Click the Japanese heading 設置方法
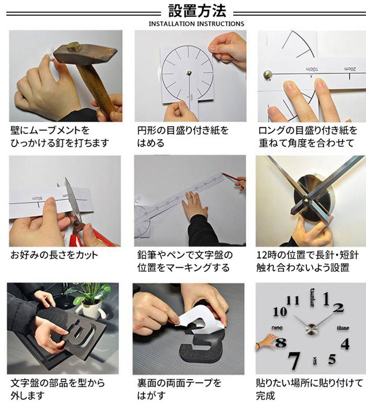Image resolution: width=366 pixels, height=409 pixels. point(197,10)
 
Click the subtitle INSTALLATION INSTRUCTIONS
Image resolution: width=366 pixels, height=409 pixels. point(197,24)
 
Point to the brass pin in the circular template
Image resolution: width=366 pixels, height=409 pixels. point(189,72)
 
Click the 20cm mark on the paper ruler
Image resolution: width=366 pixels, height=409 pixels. point(350,69)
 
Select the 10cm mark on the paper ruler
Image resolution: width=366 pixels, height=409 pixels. point(312,69)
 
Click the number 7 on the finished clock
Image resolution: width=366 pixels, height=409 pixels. point(294,361)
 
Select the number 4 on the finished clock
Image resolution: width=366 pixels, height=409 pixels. point(345,344)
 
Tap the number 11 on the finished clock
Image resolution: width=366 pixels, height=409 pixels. point(293,300)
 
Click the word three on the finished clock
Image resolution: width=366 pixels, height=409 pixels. point(343,328)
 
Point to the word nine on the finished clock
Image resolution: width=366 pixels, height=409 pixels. point(277,328)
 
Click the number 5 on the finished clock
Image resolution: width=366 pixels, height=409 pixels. point(332,359)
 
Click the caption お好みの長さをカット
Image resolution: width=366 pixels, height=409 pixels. point(54,255)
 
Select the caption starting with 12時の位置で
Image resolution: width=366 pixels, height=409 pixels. point(307,261)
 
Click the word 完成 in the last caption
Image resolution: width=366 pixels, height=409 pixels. point(266,395)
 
